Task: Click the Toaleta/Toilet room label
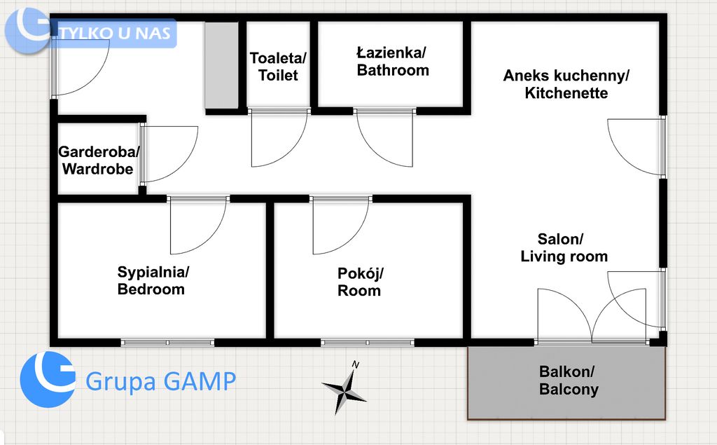tap(278, 67)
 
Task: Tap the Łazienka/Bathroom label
tap(393, 62)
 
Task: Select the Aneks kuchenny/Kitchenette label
tap(566, 84)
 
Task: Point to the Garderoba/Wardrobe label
tap(99, 160)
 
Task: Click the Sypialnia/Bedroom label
tap(153, 280)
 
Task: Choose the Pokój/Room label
tap(360, 282)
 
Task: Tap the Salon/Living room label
tap(564, 247)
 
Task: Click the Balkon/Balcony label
tap(569, 380)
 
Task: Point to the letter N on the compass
tap(355, 365)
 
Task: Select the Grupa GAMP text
tap(160, 381)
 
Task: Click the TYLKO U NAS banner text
tap(116, 33)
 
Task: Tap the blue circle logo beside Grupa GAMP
tap(48, 380)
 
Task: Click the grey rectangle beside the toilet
tap(221, 65)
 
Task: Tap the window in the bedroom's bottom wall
tap(168, 343)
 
